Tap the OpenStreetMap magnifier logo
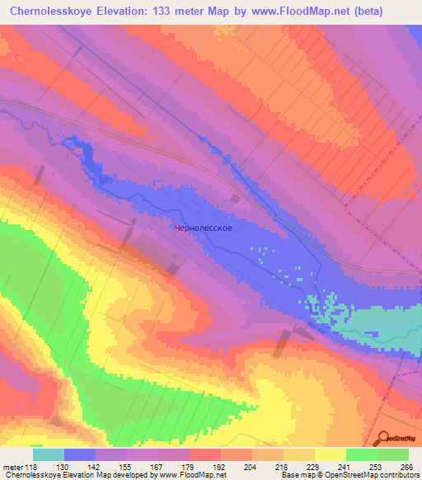[384, 439]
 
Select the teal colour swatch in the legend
[48, 454]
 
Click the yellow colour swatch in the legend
[331, 454]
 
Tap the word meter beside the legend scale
[12, 466]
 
